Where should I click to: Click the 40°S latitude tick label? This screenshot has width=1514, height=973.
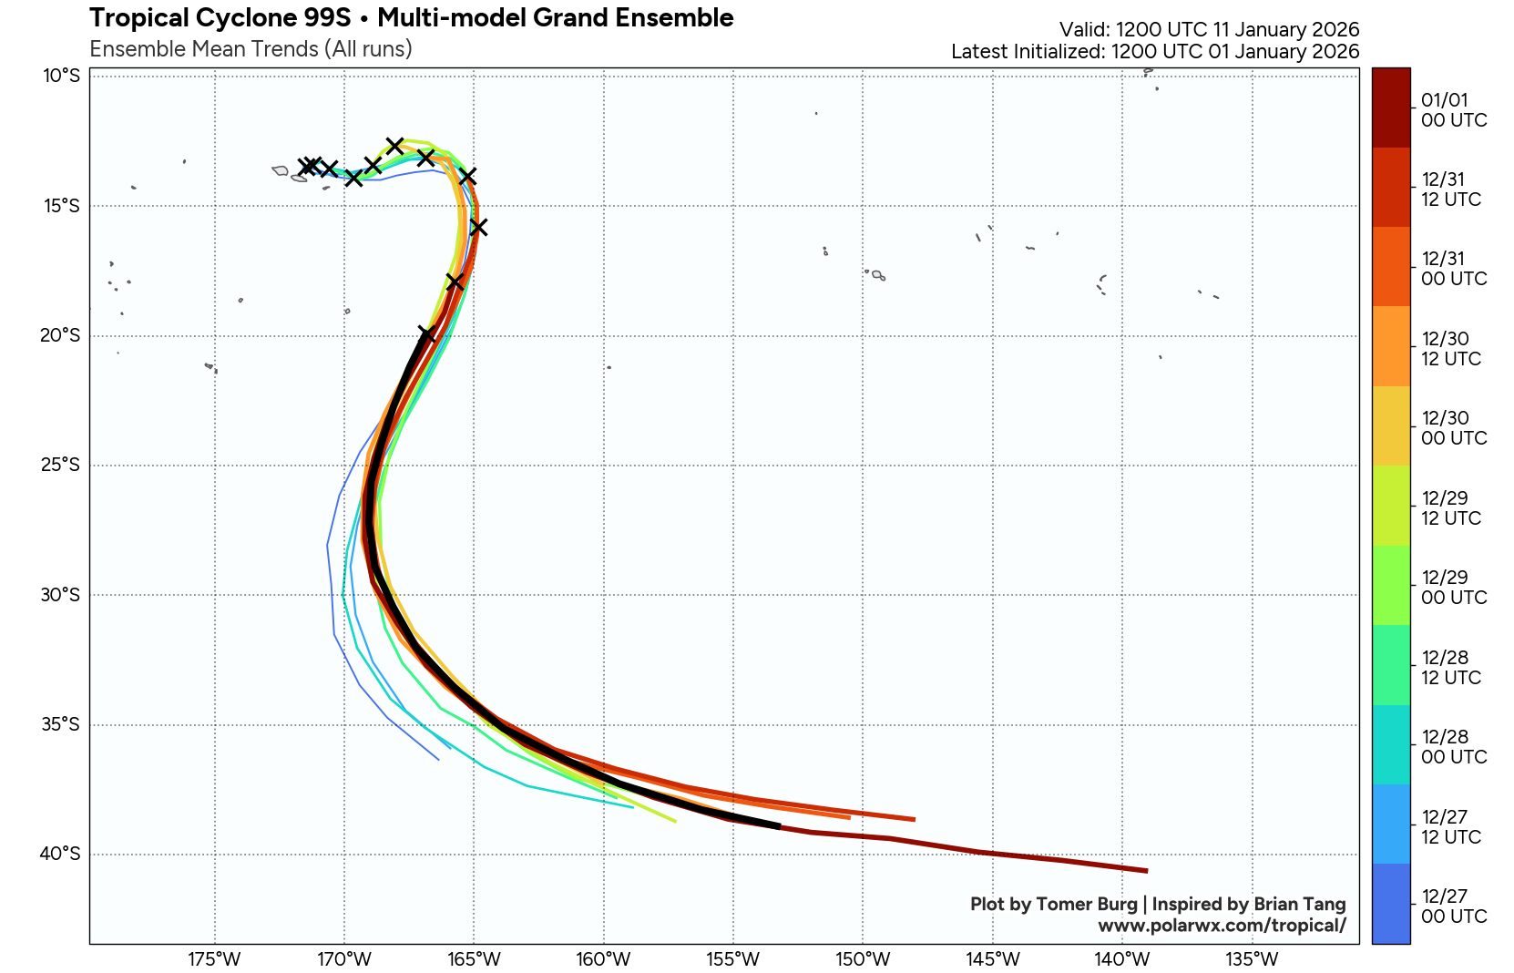[59, 855]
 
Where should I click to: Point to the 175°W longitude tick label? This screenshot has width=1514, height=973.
[215, 959]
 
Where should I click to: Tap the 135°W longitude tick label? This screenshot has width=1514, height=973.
[1252, 959]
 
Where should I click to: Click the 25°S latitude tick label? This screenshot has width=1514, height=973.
[59, 466]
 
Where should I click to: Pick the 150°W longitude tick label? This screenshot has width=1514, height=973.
[863, 959]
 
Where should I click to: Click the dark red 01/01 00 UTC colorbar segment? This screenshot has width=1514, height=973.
[1391, 108]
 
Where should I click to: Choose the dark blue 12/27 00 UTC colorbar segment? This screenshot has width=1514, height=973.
[1391, 904]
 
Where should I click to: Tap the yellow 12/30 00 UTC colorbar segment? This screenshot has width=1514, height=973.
[1391, 426]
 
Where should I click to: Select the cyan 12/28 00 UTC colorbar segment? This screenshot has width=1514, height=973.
[1391, 744]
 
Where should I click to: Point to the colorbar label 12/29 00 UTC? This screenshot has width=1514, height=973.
[1454, 588]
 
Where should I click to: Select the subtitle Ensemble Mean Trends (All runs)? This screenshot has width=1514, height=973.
[251, 49]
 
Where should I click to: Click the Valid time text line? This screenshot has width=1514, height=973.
[1209, 30]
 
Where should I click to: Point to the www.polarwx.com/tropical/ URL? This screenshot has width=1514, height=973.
[1222, 926]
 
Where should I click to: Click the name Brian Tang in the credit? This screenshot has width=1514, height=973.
[1299, 904]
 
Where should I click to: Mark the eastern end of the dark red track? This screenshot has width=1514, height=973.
[1146, 871]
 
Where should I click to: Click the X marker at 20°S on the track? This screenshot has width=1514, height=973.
[426, 334]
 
